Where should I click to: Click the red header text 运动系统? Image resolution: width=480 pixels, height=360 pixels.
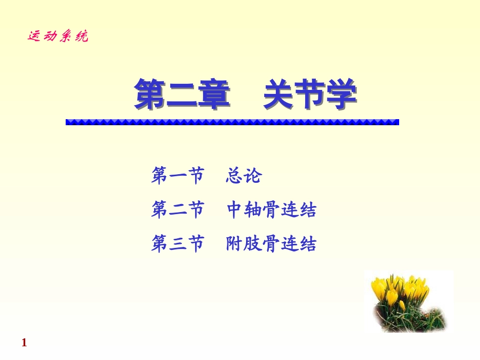[x=58, y=37]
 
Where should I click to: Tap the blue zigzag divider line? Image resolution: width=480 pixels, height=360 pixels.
[x=232, y=122]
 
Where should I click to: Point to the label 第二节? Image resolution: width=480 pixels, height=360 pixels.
[x=177, y=210]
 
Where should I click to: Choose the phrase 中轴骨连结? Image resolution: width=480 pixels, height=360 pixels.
[x=271, y=210]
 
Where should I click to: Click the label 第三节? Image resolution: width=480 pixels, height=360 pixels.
[x=177, y=244]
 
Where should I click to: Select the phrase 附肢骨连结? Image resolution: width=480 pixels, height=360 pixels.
[x=271, y=244]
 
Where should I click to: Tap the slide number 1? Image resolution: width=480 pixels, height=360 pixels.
[x=24, y=343]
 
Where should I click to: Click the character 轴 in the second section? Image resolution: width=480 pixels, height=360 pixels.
[x=253, y=210]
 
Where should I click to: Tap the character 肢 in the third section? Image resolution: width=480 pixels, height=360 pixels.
[x=253, y=244]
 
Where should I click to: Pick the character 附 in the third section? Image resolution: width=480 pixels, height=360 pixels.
[x=235, y=244]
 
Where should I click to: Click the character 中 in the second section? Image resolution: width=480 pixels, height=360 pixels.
[x=235, y=210]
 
